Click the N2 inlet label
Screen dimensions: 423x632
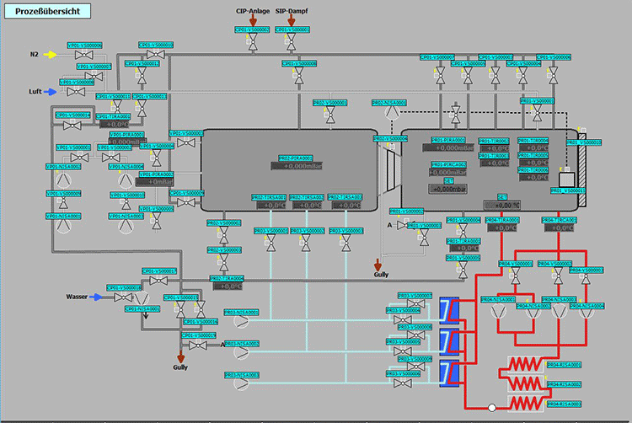pos(35,55)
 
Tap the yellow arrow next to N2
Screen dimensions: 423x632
pos(51,55)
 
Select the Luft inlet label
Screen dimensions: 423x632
pos(35,92)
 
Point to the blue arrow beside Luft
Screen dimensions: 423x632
pos(51,92)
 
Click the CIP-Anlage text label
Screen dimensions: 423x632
pos(252,11)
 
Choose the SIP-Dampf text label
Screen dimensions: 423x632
pos(292,11)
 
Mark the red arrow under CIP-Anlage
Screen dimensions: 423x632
pos(252,21)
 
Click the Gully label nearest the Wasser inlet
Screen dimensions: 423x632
pos(180,367)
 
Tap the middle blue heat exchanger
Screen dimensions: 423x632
pos(449,340)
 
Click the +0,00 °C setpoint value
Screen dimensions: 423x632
pos(502,205)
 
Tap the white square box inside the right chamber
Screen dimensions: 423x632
pos(566,179)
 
